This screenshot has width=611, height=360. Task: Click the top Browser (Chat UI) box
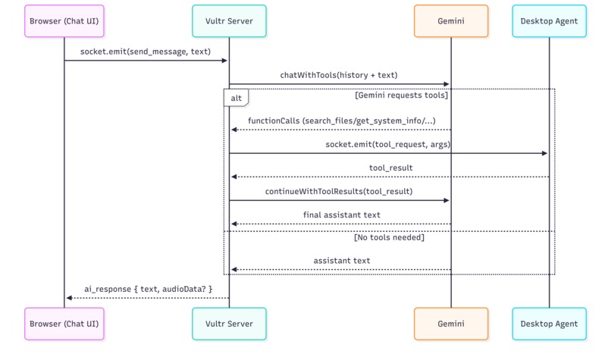coord(64,21)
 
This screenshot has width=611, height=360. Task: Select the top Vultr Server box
coord(229,21)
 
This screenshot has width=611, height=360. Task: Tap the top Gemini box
coord(451,21)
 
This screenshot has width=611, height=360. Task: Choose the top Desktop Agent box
coord(549,21)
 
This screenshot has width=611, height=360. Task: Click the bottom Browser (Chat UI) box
coord(64,324)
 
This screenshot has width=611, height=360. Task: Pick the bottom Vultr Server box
coord(229,324)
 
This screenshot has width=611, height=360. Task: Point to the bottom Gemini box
coord(451,324)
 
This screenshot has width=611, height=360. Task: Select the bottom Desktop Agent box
coord(549,324)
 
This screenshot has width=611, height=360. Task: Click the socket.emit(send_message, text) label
coord(146,52)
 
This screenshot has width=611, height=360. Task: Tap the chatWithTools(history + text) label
coord(339,75)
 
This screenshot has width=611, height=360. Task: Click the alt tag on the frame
coord(236,99)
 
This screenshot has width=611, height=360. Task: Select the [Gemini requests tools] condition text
coord(401,95)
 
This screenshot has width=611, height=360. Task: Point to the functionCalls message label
coord(341,121)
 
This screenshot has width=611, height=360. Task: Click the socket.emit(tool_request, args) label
coord(388,144)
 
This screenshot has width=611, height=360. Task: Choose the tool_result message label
coord(390,167)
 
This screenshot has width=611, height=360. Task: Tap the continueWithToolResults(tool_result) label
coord(339,192)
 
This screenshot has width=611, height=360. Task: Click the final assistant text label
coord(341,215)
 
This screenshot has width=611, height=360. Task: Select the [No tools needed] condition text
coord(389,237)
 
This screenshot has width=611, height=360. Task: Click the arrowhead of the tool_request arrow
coord(544,154)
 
